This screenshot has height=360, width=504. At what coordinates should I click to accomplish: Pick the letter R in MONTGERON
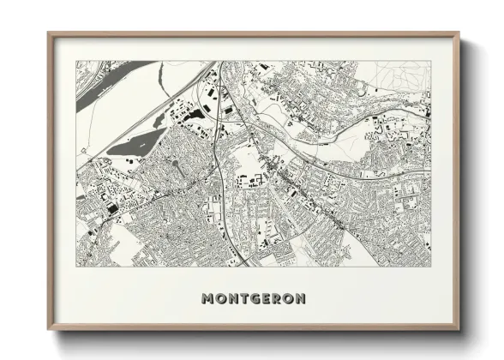click(276, 298)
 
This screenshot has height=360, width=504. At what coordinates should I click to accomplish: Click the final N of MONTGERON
click(300, 298)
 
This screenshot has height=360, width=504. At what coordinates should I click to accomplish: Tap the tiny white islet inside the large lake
click(142, 146)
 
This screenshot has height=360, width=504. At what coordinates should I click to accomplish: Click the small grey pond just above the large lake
click(159, 120)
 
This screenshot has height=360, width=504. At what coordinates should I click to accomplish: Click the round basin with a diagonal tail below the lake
click(175, 163)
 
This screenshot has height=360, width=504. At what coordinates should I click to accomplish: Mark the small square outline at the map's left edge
click(83, 150)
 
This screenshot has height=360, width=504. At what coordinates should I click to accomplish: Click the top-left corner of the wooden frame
click(49, 33)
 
